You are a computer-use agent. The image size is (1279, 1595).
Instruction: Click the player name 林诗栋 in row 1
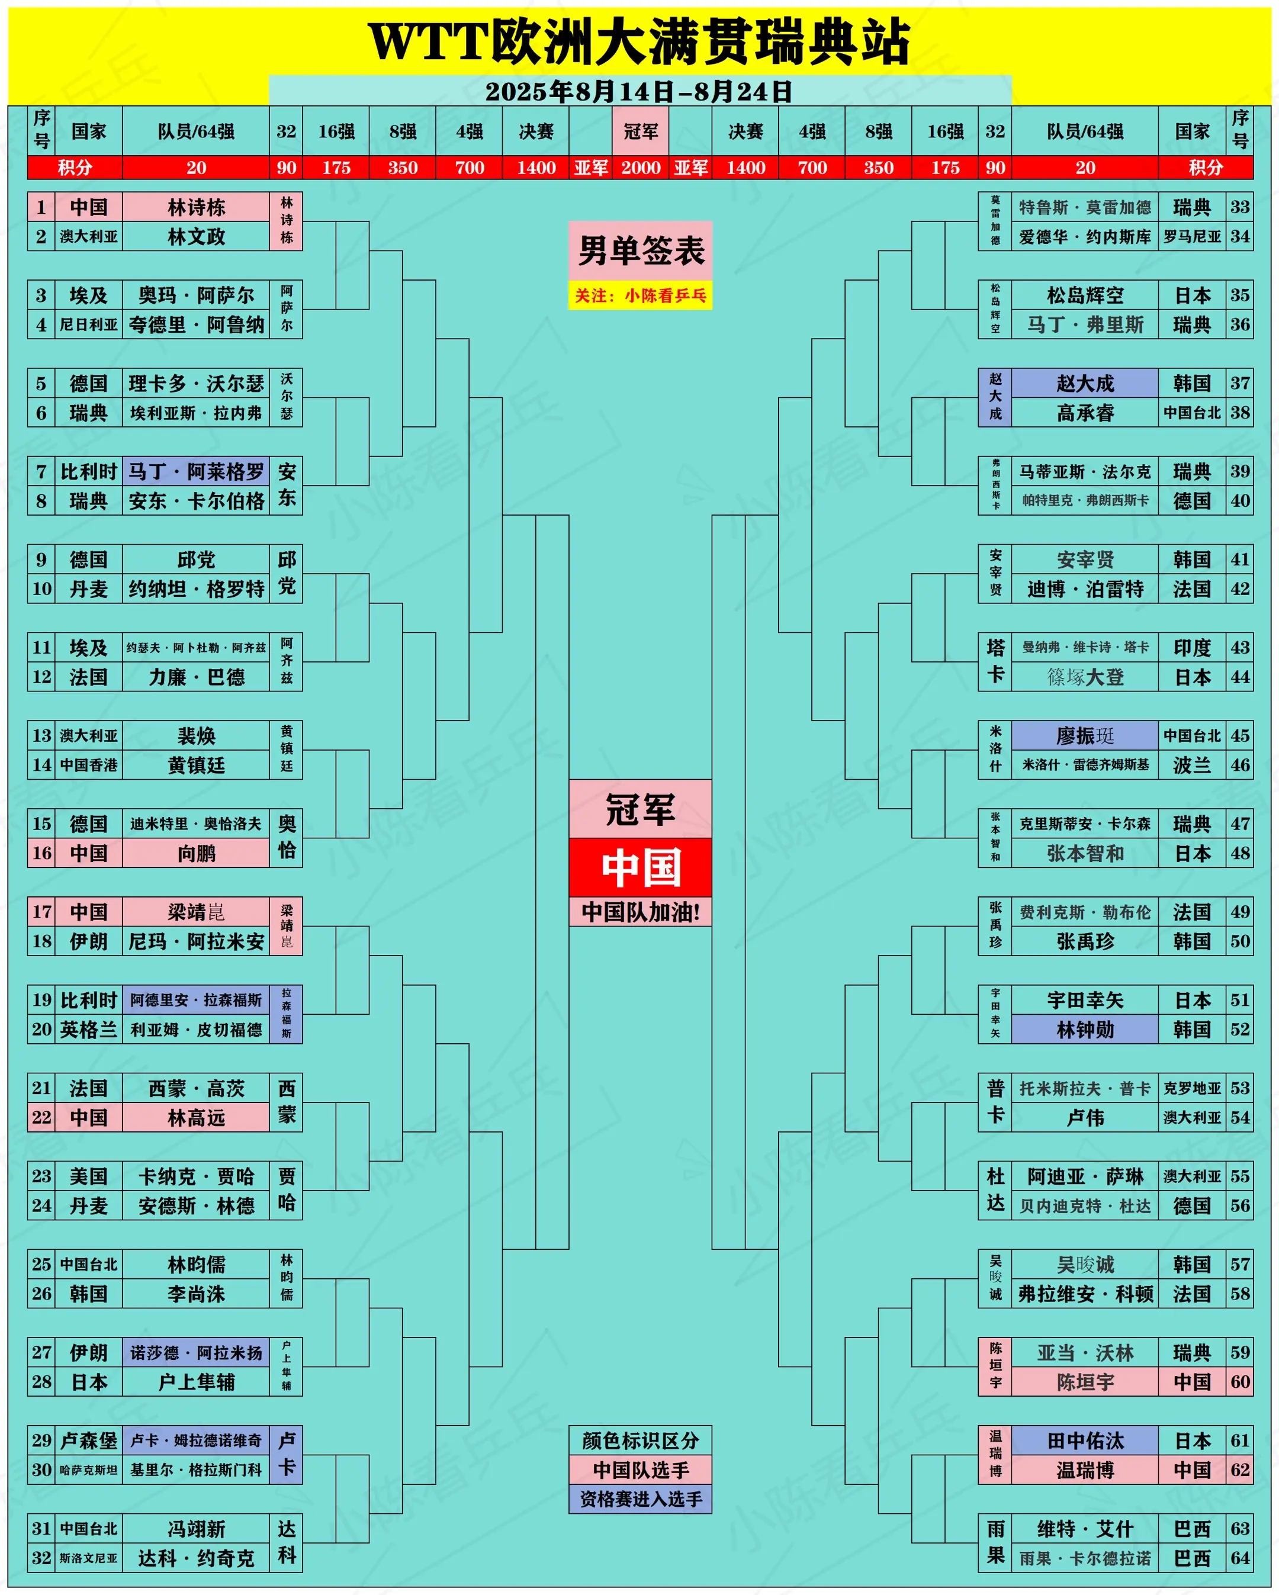[196, 207]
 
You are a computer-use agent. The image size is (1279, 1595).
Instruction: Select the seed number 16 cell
[41, 853]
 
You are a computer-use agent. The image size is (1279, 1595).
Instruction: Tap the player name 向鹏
[196, 853]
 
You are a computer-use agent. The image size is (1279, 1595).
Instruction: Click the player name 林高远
[196, 1117]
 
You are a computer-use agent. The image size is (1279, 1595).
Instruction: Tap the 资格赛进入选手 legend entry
[641, 1499]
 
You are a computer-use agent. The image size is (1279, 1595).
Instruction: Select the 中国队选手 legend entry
[641, 1469]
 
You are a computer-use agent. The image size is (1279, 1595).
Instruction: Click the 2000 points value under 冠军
[641, 167]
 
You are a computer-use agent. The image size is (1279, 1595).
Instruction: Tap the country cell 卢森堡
[89, 1440]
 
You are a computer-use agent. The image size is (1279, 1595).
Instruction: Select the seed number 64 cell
[1240, 1558]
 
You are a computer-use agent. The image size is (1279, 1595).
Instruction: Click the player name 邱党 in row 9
[196, 559]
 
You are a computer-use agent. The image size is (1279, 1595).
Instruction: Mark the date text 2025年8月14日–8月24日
[639, 92]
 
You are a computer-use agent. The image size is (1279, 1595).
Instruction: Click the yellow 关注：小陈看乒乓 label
[641, 296]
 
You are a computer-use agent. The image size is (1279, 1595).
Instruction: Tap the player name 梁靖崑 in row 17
[196, 912]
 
